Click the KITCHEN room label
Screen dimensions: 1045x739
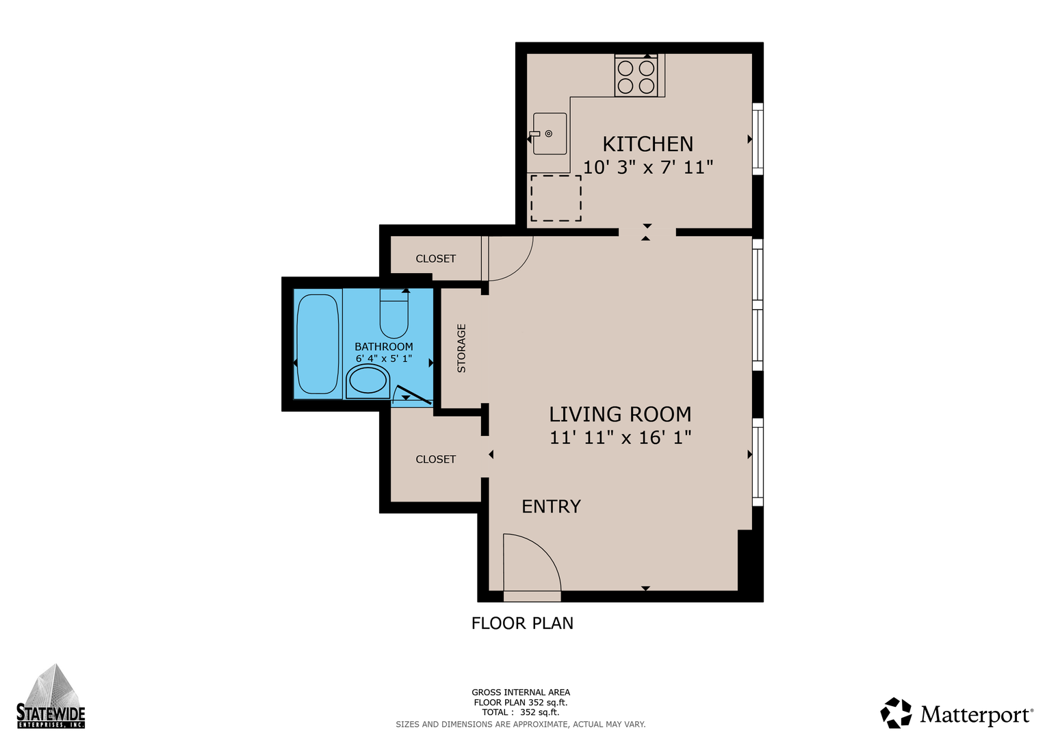pos(647,144)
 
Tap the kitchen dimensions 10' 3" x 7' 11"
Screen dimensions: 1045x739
pos(649,167)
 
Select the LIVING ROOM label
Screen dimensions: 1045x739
pos(620,414)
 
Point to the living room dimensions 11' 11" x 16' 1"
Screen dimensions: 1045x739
pos(620,438)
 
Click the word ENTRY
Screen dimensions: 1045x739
pos(551,506)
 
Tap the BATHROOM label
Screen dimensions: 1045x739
pos(383,347)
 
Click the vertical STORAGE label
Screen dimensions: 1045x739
pos(461,348)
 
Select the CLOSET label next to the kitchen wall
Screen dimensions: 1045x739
pos(436,259)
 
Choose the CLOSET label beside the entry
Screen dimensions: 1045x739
pos(436,459)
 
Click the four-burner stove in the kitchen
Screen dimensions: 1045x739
pos(636,75)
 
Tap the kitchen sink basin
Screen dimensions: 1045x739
pos(550,133)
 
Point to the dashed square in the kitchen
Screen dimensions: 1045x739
pos(556,198)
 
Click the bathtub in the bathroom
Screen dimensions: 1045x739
pos(318,343)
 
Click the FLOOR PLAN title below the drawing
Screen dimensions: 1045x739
pos(522,623)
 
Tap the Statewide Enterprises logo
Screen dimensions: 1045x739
pos(51,696)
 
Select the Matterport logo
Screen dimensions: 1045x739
pos(956,713)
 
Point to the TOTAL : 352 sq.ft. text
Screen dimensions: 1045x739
pos(521,712)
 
